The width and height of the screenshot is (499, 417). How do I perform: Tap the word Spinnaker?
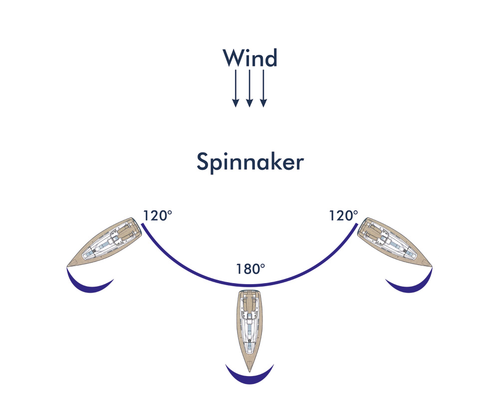tap(250, 162)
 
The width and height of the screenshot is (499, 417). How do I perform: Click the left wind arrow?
tap(236, 88)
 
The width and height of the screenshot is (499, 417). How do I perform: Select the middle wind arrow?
tap(249, 88)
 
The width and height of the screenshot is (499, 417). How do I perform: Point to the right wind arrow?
tap(263, 88)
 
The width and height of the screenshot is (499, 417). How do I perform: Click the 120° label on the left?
tap(158, 216)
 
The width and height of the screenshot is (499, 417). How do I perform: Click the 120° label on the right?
tap(343, 216)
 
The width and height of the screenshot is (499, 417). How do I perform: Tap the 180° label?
tap(250, 269)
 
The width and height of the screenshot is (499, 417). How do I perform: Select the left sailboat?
tap(104, 243)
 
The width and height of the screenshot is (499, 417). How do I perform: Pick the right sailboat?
tap(395, 243)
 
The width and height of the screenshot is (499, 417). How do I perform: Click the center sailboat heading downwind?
tap(250, 331)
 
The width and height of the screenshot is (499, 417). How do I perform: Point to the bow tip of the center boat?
tap(250, 372)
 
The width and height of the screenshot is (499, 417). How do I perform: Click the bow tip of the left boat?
tap(67, 266)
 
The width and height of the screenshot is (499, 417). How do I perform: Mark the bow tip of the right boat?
tap(432, 266)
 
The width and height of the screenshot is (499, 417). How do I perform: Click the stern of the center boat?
tap(250, 291)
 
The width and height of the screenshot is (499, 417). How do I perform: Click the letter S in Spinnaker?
tap(203, 161)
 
